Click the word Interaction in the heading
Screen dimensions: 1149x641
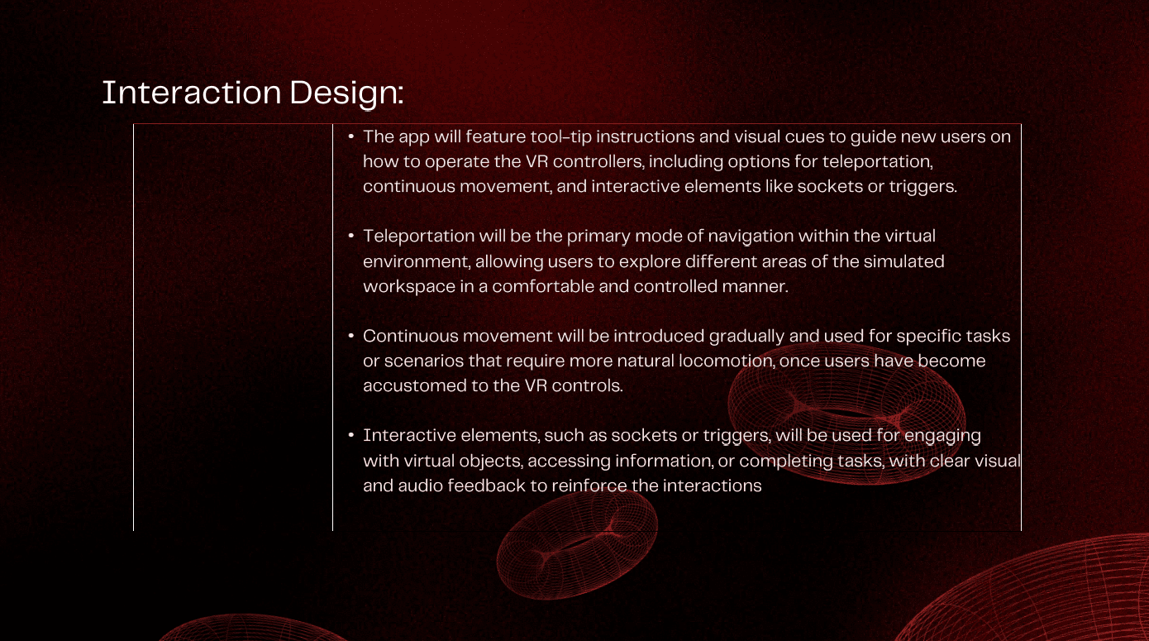[x=192, y=93]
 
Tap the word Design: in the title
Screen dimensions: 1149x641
[x=346, y=93]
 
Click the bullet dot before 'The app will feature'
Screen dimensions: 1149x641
[x=351, y=136]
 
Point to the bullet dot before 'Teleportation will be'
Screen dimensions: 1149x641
[x=351, y=236]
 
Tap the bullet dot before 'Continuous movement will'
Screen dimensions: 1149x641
[x=351, y=336]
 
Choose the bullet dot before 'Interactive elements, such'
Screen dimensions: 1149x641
[x=351, y=435]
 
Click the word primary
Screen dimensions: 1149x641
[x=598, y=237]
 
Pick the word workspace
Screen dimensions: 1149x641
[x=409, y=287]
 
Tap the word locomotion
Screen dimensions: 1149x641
[x=727, y=361]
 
